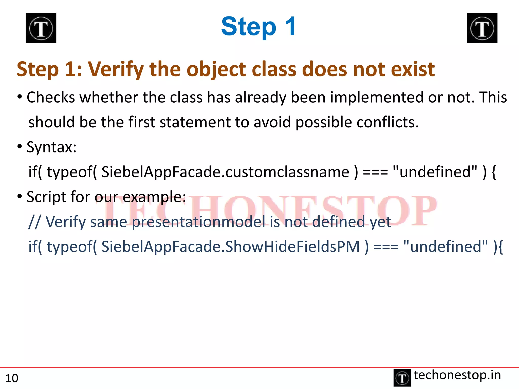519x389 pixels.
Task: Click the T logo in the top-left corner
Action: [41, 28]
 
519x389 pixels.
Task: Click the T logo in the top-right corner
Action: [482, 28]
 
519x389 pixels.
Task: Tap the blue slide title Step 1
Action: [258, 27]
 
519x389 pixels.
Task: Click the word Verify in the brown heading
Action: [116, 69]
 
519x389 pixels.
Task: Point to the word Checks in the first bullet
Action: [51, 97]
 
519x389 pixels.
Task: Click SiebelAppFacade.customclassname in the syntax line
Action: [225, 172]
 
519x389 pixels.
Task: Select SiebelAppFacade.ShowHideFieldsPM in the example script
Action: [230, 246]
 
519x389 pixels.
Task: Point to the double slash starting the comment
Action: [34, 222]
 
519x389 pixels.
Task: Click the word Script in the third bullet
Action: [46, 197]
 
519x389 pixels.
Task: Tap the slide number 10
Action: [12, 378]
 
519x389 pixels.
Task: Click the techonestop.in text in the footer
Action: [457, 375]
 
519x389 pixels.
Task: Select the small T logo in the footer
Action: [402, 378]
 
